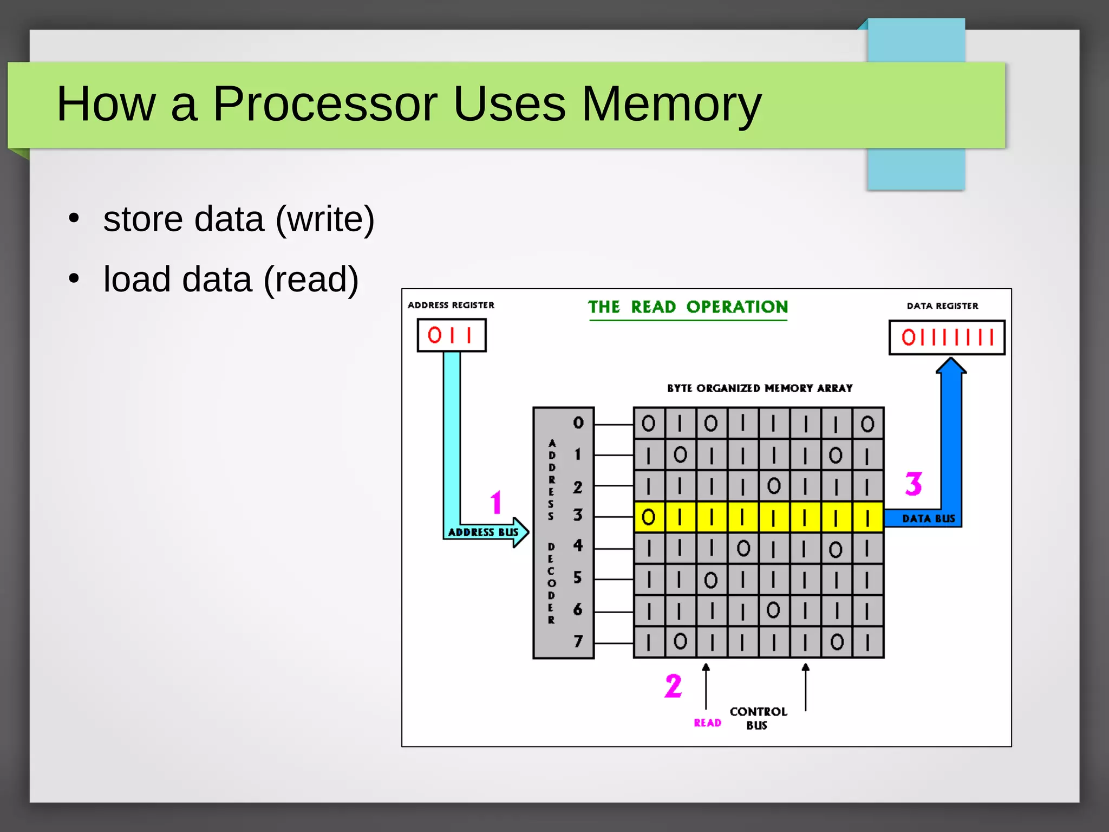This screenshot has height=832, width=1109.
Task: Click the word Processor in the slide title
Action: (325, 104)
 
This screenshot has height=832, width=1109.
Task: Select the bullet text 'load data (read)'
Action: (231, 279)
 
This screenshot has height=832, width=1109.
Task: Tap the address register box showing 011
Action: (451, 335)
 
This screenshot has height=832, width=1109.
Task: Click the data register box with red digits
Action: (947, 337)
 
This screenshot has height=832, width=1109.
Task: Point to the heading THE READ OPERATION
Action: (688, 307)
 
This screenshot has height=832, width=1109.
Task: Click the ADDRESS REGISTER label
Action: (451, 305)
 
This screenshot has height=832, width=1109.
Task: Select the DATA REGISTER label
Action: (942, 306)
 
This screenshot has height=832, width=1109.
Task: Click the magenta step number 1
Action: (496, 502)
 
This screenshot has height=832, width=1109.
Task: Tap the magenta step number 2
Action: (673, 686)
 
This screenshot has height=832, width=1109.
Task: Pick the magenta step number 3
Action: (914, 484)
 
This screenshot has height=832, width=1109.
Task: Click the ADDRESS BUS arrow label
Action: (483, 532)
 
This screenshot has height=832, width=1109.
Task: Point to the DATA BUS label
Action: (928, 519)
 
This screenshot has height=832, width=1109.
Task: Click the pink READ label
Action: (707, 723)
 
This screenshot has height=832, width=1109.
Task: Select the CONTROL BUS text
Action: (758, 718)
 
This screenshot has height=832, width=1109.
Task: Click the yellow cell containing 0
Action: (648, 517)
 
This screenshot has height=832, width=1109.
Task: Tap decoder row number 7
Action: (578, 642)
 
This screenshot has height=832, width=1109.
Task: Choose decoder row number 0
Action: (578, 423)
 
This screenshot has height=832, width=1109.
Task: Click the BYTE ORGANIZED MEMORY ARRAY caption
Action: (759, 388)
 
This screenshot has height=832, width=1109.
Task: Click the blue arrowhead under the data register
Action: (951, 366)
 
